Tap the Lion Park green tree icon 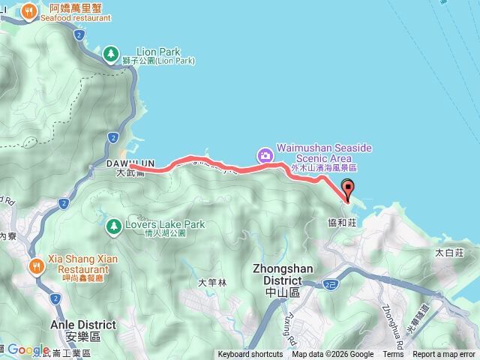click(111, 53)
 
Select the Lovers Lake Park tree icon click(113, 225)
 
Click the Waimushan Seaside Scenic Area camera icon click(264, 156)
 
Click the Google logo click(28, 350)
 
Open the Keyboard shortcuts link click(250, 355)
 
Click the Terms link click(393, 355)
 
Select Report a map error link click(444, 355)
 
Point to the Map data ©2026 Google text click(333, 355)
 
